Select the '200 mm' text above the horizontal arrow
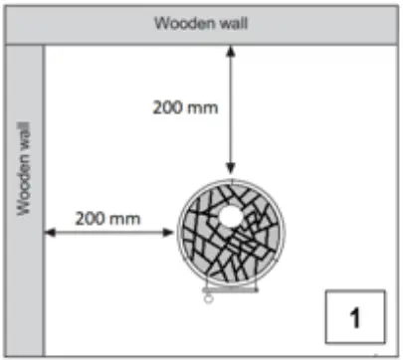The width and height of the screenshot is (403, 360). tap(106, 215)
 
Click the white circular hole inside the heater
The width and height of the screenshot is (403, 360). tap(230, 216)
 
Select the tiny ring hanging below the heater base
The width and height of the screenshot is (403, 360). tap(208, 301)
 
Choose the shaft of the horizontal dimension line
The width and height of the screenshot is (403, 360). tap(109, 234)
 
